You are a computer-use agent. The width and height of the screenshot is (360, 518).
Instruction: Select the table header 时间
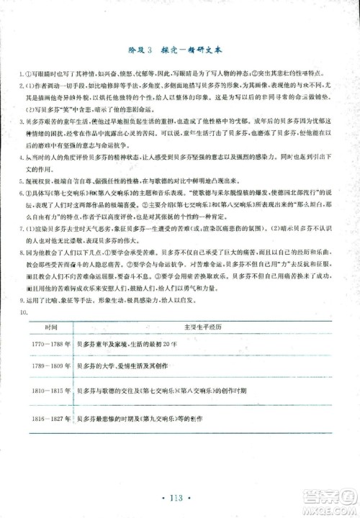(x=52, y=326)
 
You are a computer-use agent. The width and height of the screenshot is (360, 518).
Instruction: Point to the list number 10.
(x=24, y=312)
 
